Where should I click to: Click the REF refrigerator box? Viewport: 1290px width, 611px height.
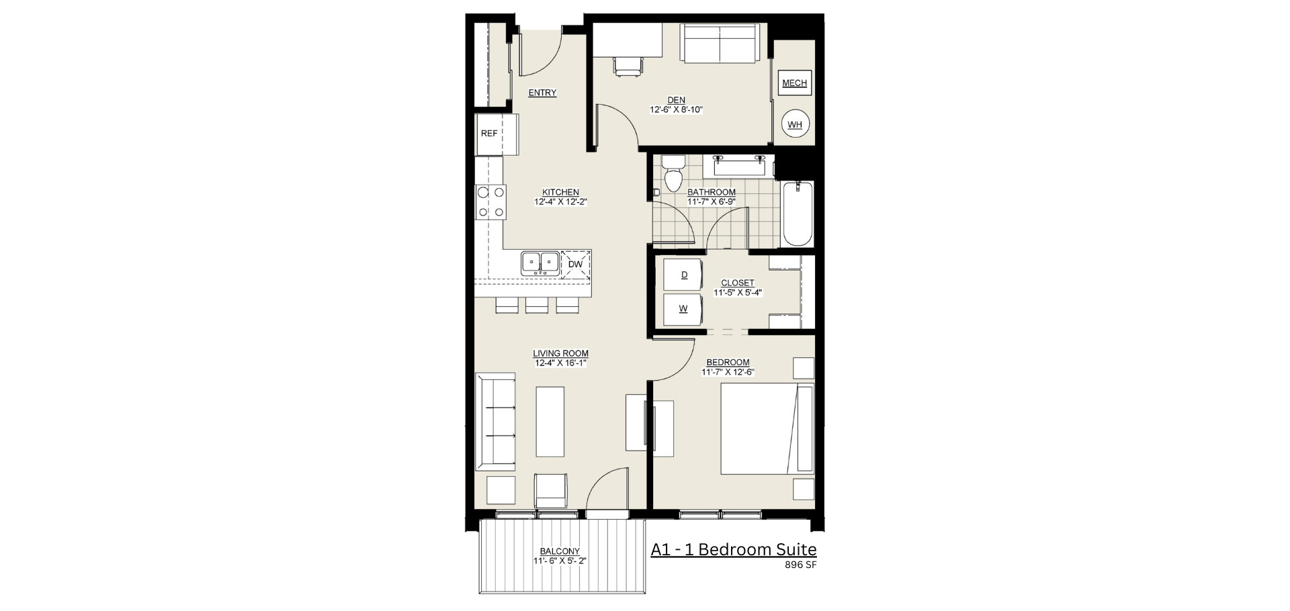point(497,134)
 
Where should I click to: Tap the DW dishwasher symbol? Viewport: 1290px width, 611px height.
point(575,265)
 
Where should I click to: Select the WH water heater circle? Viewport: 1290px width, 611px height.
point(795,124)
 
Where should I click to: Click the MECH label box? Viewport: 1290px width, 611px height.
point(795,83)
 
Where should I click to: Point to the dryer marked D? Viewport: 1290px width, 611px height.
point(683,275)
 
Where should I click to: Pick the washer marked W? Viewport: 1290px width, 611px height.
point(683,310)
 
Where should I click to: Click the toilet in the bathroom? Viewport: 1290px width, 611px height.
point(672,173)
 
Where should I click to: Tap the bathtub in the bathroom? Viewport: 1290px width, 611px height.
point(798,214)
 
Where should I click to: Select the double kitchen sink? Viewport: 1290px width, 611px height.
point(540,263)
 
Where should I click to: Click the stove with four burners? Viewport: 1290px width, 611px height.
point(490,202)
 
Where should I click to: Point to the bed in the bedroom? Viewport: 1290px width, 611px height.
point(767,429)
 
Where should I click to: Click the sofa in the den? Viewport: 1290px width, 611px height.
point(720,44)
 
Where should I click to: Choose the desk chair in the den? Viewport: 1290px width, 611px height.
point(628,66)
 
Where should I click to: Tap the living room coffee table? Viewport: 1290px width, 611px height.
point(550,422)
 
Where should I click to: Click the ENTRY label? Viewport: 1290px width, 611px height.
point(542,93)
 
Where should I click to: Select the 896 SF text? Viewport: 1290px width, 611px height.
point(801,565)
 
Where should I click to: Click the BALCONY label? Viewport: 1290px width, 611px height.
point(560,551)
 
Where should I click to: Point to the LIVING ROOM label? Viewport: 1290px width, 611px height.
point(561,354)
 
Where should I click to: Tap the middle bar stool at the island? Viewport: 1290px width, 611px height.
point(537,305)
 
